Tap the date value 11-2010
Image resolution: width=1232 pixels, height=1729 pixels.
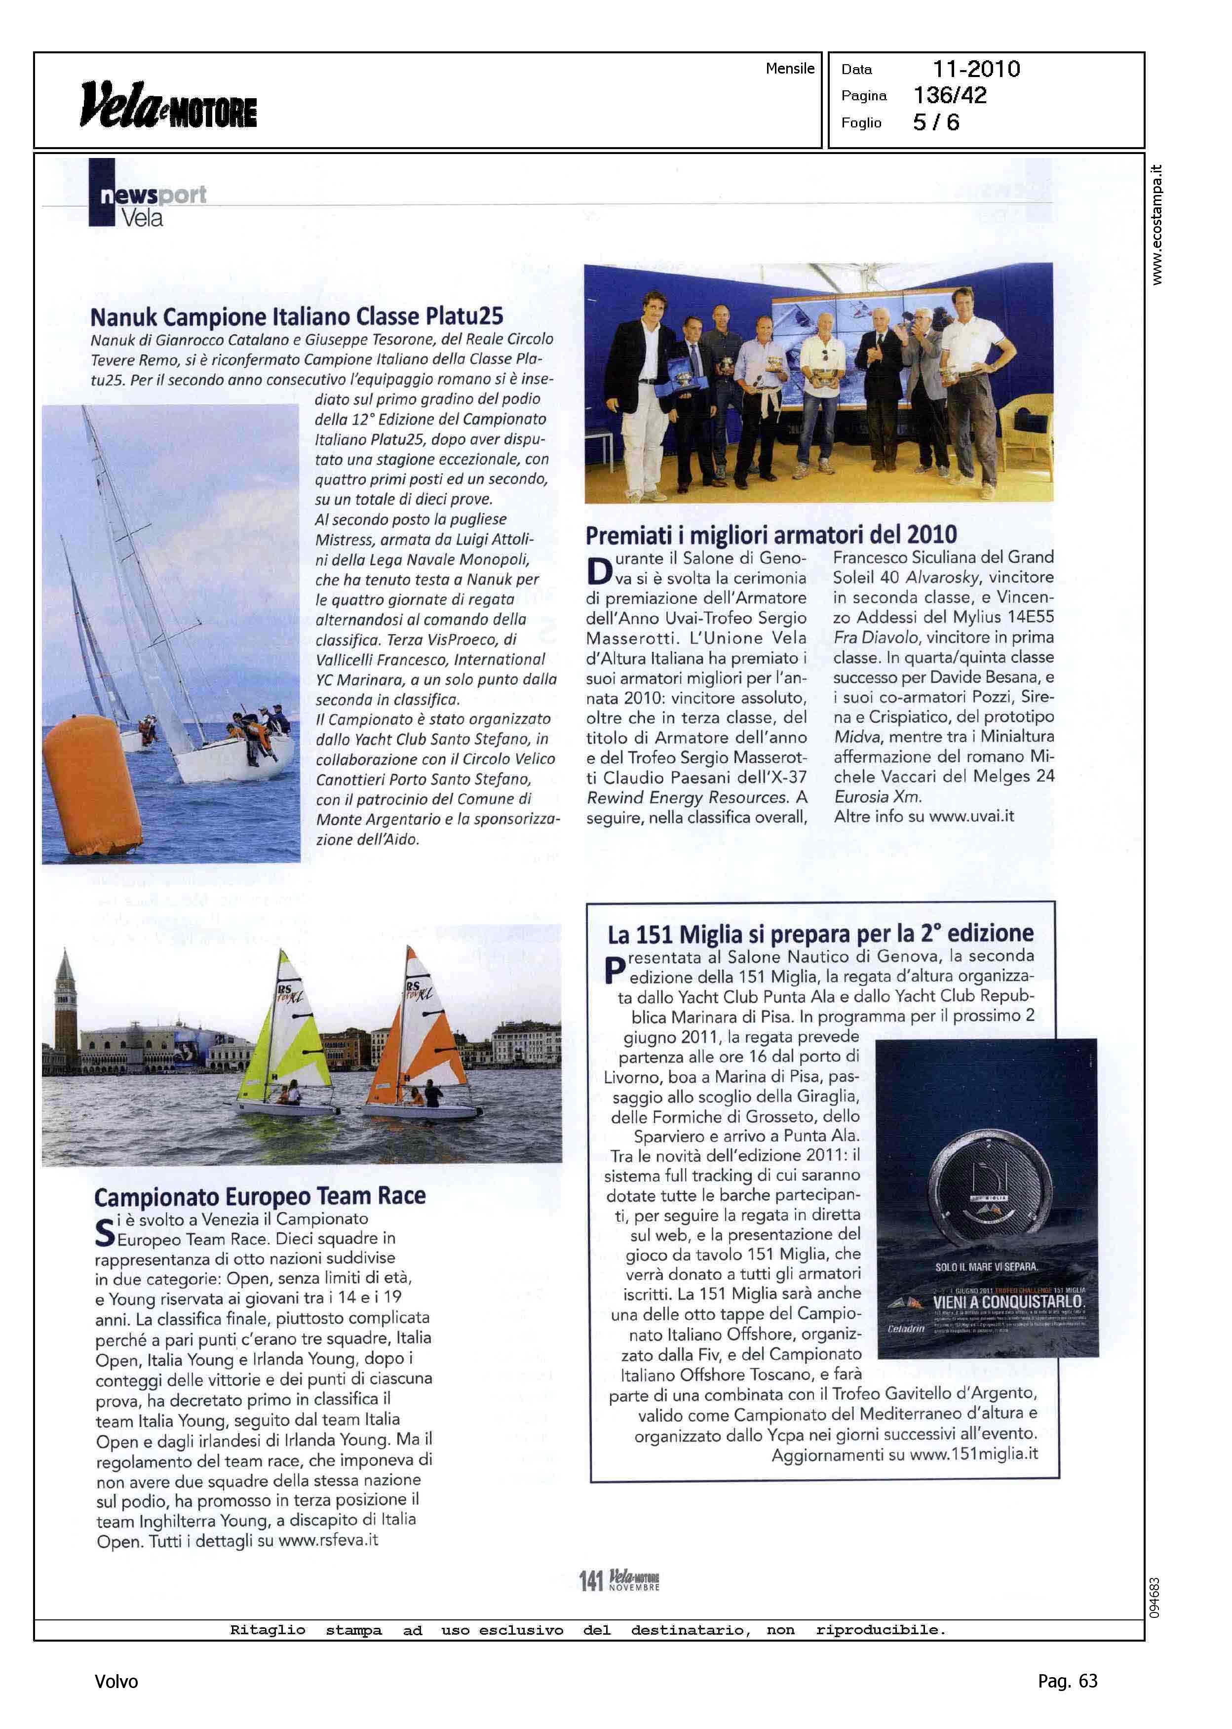[x=976, y=69]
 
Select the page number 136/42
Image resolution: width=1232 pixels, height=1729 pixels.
[x=950, y=96]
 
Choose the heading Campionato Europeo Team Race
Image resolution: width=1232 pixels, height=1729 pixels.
[x=260, y=1196]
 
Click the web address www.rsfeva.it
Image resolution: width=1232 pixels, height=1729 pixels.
[x=328, y=1540]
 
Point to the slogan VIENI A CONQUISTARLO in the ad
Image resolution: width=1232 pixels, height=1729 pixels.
[x=1008, y=1302]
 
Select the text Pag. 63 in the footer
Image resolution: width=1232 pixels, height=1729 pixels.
[x=1067, y=1681]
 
